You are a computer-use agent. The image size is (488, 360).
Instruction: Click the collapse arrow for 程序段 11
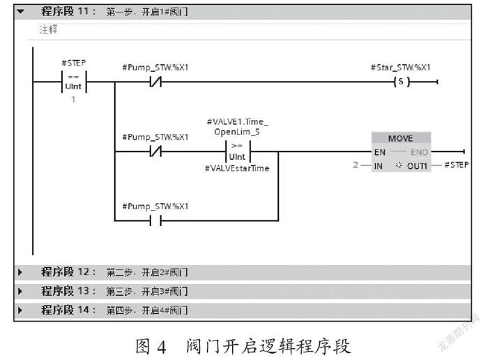coord(20,12)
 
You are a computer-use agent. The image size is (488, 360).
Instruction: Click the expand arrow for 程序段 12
coord(20,273)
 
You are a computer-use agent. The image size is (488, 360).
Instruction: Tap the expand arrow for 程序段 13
coord(20,292)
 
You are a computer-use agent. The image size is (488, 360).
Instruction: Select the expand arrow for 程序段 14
coord(20,310)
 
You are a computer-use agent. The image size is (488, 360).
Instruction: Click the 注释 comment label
coord(48,29)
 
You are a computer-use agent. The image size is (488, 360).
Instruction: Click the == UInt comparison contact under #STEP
coord(74,82)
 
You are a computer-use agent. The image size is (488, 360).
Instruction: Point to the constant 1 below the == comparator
coord(73,100)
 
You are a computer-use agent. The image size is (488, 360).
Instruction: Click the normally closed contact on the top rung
coord(155,82)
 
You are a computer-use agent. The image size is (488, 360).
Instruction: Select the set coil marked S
coord(402,82)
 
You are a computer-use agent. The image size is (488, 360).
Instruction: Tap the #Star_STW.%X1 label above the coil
coord(401,68)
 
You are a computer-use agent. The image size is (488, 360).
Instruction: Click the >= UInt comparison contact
coord(238,151)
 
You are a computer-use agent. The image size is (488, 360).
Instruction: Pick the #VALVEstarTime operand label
coord(237,168)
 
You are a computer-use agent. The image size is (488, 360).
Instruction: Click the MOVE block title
coord(401,138)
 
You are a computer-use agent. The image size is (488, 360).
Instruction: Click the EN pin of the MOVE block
coord(380,152)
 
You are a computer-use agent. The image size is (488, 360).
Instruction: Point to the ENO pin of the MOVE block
coord(419,152)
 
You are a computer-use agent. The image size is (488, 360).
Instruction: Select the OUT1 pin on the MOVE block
coord(417,166)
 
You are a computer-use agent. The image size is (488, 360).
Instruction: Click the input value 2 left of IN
coord(356,165)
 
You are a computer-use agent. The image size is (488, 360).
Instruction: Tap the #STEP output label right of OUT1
coord(456,165)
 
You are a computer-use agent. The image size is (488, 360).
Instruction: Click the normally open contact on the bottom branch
coord(155,220)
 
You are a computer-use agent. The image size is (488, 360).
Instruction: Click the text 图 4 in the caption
coord(151,346)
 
